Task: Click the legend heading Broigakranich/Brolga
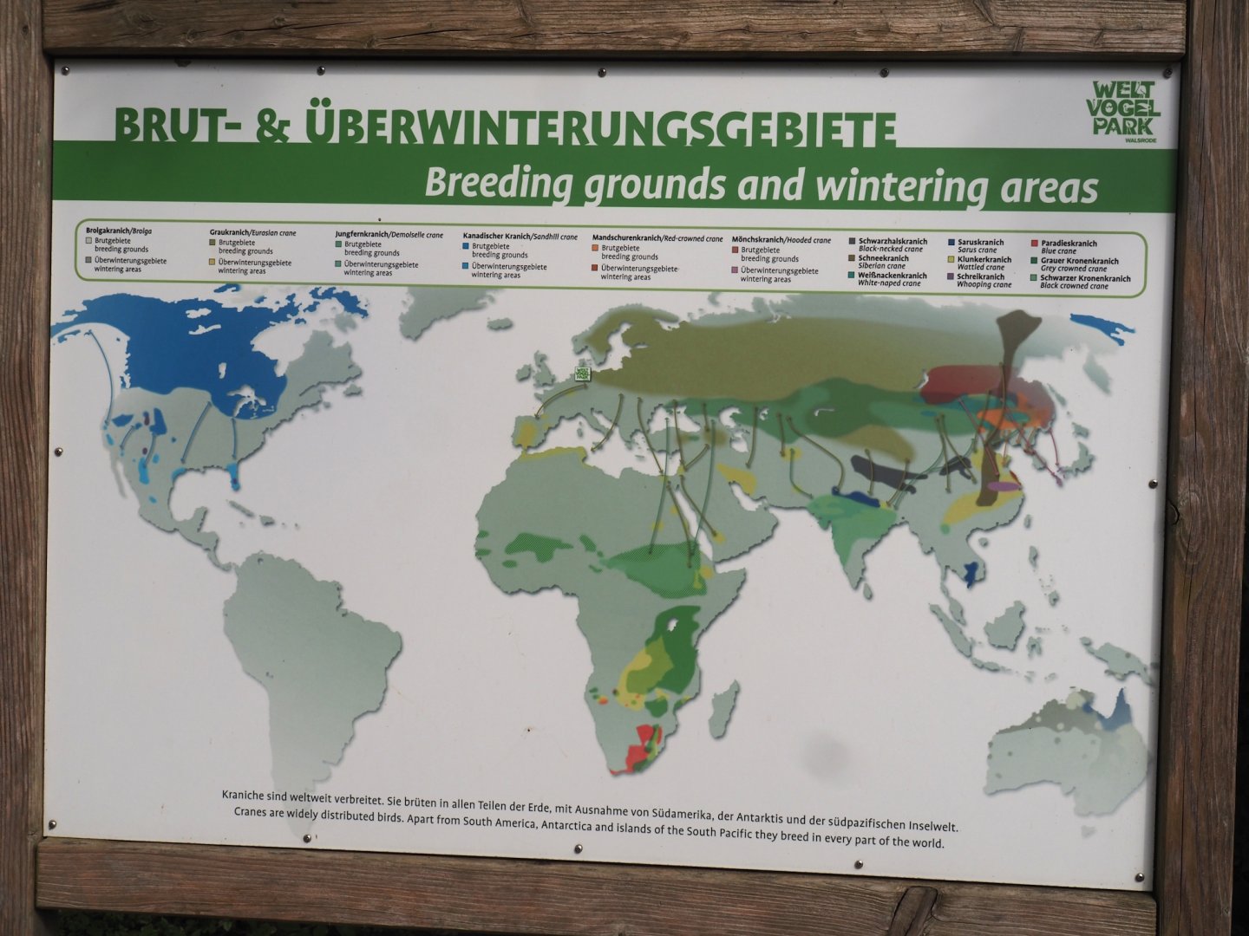click(119, 231)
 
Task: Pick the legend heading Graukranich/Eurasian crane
click(252, 233)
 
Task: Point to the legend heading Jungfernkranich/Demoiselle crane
click(389, 235)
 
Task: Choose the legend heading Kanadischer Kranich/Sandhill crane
click(520, 237)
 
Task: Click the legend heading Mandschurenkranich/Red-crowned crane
click(657, 238)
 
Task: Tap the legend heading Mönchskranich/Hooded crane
click(781, 240)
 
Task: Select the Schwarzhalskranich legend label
click(893, 242)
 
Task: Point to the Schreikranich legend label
click(980, 276)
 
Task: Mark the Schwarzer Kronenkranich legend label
click(1085, 278)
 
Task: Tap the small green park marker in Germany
click(582, 374)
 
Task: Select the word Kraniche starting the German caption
click(247, 795)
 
